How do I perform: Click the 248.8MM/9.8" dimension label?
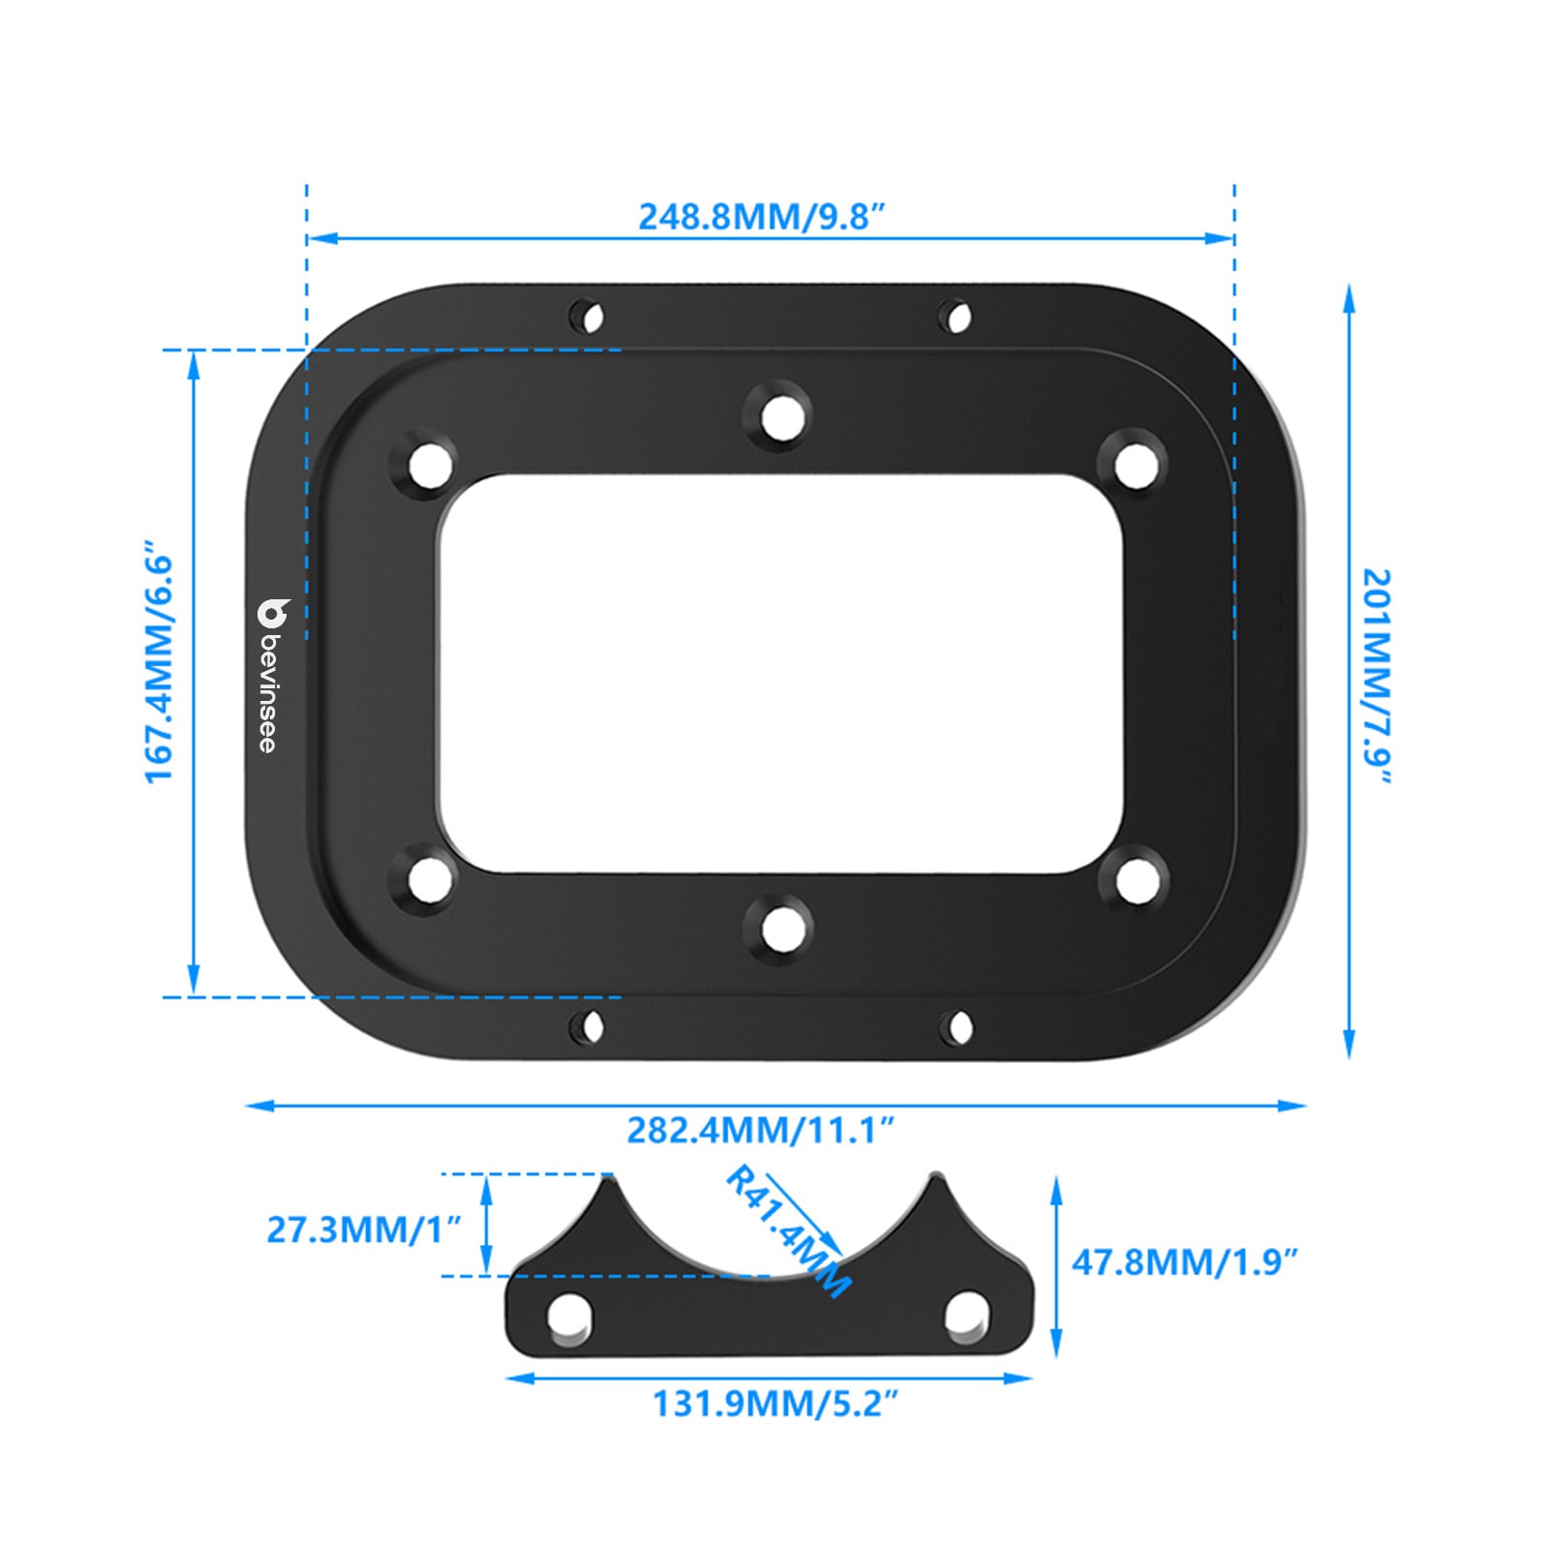762,216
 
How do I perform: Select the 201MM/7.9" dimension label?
1377,678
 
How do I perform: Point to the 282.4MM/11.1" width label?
760,1130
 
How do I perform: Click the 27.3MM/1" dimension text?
364,1230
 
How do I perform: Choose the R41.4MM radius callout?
788,1230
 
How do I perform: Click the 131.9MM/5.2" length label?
775,1403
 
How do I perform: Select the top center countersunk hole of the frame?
780,417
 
